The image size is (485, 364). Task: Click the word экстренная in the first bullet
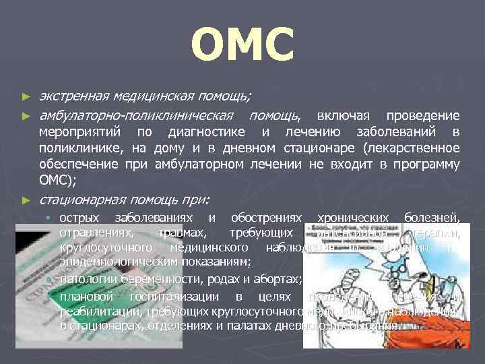[x=73, y=98]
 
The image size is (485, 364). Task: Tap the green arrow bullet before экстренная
[x=26, y=98]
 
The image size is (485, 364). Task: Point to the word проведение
[x=424, y=116]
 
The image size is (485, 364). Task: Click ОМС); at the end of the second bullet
[x=59, y=180]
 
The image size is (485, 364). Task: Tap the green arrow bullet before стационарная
[x=26, y=200]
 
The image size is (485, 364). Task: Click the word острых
[x=79, y=218]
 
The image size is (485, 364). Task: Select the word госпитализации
[x=181, y=297]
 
